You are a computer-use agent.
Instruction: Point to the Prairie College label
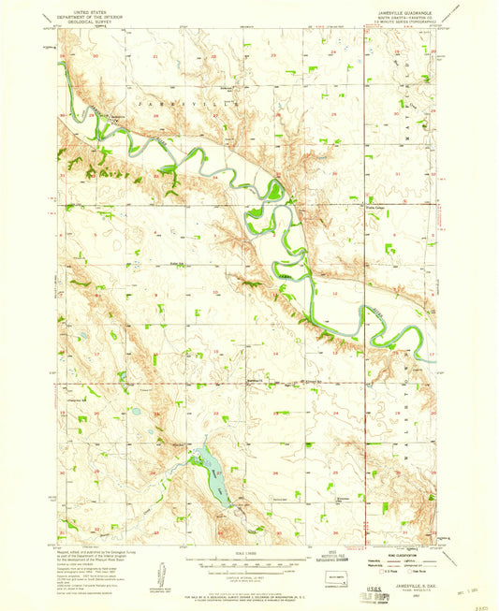(375, 209)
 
